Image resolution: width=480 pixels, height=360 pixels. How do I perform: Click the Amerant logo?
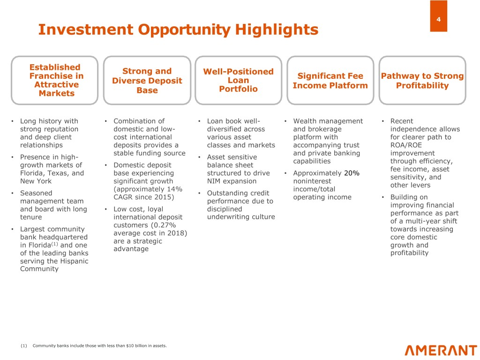click(441, 350)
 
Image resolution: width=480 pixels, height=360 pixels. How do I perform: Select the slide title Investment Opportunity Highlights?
click(178, 30)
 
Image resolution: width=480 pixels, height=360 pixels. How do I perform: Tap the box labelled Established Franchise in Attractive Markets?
click(54, 80)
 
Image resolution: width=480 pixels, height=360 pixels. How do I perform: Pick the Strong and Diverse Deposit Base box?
click(147, 81)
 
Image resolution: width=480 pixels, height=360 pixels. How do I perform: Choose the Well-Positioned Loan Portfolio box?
click(238, 80)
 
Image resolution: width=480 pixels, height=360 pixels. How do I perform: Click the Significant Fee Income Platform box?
click(330, 81)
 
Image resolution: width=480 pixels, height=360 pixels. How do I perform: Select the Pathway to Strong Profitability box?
click(422, 81)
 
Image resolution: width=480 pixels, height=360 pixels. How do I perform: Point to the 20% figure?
click(352, 173)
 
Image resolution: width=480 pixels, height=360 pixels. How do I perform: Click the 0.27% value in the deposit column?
click(165, 225)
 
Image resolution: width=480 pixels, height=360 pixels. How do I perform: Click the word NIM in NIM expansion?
click(214, 181)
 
